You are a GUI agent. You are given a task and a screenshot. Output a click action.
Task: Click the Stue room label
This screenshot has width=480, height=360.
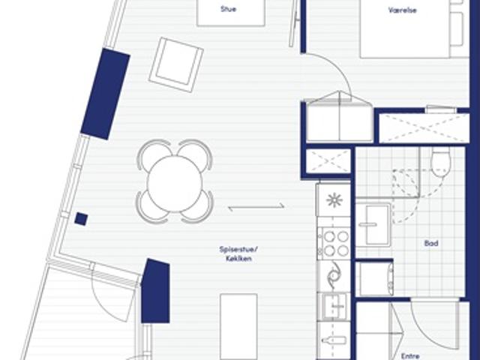pos(228,9)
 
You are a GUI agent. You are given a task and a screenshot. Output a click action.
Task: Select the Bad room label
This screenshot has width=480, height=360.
pos(431,243)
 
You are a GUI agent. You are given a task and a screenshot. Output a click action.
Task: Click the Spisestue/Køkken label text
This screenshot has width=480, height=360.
pos(238,253)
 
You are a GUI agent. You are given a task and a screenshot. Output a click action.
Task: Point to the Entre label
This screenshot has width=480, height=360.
pos(410,356)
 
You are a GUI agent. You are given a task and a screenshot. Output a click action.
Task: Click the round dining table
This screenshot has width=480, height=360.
pos(175,184)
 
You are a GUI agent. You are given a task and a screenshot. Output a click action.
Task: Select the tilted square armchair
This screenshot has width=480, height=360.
pos(176,65)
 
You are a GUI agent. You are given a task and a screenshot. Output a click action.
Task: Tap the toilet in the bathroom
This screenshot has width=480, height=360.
pos(441,163)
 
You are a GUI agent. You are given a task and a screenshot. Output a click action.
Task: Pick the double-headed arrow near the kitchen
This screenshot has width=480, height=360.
pos(256,208)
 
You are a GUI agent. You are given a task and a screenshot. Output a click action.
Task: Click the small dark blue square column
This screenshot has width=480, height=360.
pos(82,219)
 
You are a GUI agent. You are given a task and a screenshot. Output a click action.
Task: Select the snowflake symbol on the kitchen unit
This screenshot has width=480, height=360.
pos(334,200)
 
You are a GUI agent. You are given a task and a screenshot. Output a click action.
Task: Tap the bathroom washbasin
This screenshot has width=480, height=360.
pos(373,224)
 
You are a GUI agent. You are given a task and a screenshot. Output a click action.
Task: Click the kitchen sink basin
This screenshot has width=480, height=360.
pos(334,306)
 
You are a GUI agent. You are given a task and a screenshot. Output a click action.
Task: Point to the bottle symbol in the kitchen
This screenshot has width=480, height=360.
pos(334,340)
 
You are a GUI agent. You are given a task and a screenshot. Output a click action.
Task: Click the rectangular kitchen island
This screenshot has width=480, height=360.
pos(238,327)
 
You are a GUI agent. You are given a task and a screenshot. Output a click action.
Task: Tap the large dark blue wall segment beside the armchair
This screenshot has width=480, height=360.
pos(105,94)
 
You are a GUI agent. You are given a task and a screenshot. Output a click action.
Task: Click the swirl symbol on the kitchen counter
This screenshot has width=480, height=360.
pos(334,274)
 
